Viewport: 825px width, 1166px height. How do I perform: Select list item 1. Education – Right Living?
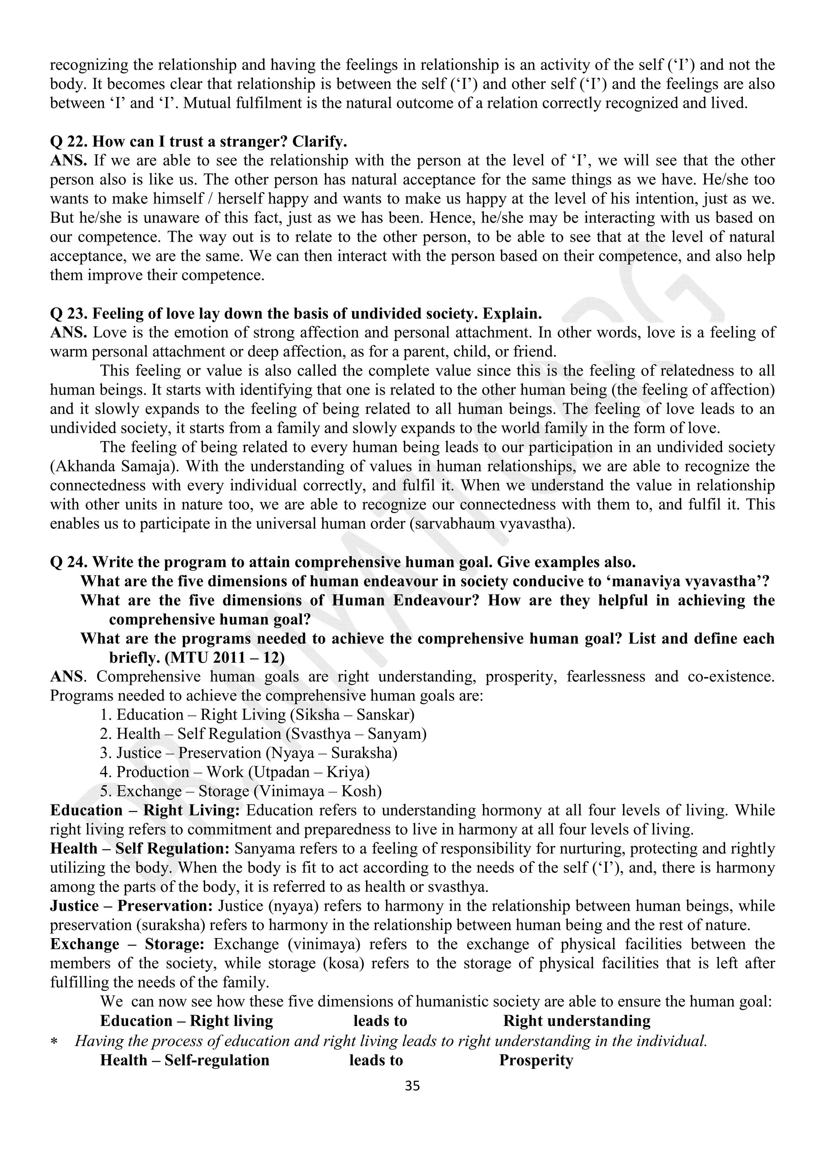click(x=257, y=715)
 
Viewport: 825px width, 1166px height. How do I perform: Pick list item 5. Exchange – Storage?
click(x=241, y=791)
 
